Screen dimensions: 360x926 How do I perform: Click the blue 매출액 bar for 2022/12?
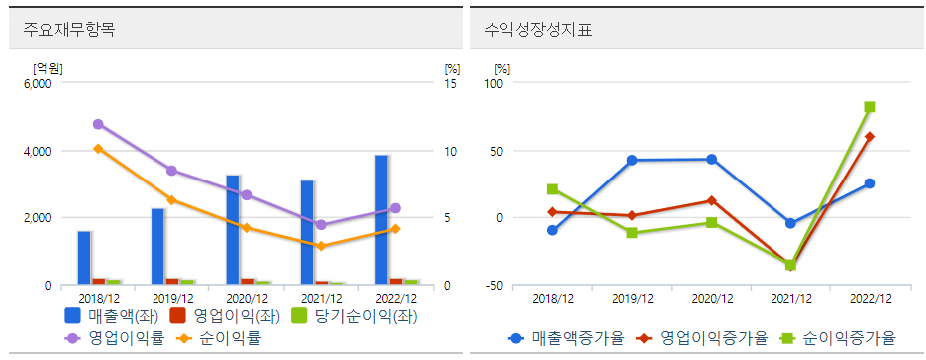(x=382, y=220)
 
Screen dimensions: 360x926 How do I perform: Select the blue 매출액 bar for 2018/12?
(x=84, y=258)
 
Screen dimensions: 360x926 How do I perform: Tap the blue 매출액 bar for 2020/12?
(x=232, y=230)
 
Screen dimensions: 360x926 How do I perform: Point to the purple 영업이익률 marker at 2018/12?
(x=98, y=124)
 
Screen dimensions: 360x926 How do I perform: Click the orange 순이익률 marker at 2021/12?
(x=321, y=246)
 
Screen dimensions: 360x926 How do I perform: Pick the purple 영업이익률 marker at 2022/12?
(x=395, y=208)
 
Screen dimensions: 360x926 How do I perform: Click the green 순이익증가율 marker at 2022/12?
(x=870, y=107)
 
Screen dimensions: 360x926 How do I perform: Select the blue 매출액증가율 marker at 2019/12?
(x=632, y=160)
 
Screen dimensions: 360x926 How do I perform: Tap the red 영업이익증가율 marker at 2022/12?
(x=870, y=136)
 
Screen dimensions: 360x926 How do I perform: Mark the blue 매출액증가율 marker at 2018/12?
(x=552, y=230)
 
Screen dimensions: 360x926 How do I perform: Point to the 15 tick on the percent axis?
(x=450, y=84)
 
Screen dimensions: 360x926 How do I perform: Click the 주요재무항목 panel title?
(x=69, y=29)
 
